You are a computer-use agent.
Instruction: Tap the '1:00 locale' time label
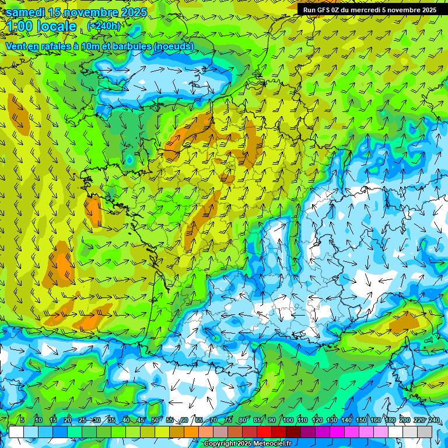click(43, 27)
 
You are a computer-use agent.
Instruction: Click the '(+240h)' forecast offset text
click(103, 26)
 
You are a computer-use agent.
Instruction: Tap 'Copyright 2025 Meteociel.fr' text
click(247, 444)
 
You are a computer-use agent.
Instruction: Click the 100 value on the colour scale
click(288, 421)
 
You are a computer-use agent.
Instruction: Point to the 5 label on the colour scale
click(22, 421)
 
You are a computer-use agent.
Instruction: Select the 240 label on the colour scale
click(433, 421)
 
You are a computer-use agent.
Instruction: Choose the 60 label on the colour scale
click(184, 421)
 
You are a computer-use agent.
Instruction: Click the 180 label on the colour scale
click(390, 421)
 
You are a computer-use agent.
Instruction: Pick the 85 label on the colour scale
click(258, 421)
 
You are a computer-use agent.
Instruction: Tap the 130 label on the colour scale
click(332, 421)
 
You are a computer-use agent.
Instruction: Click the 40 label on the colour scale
click(125, 421)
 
